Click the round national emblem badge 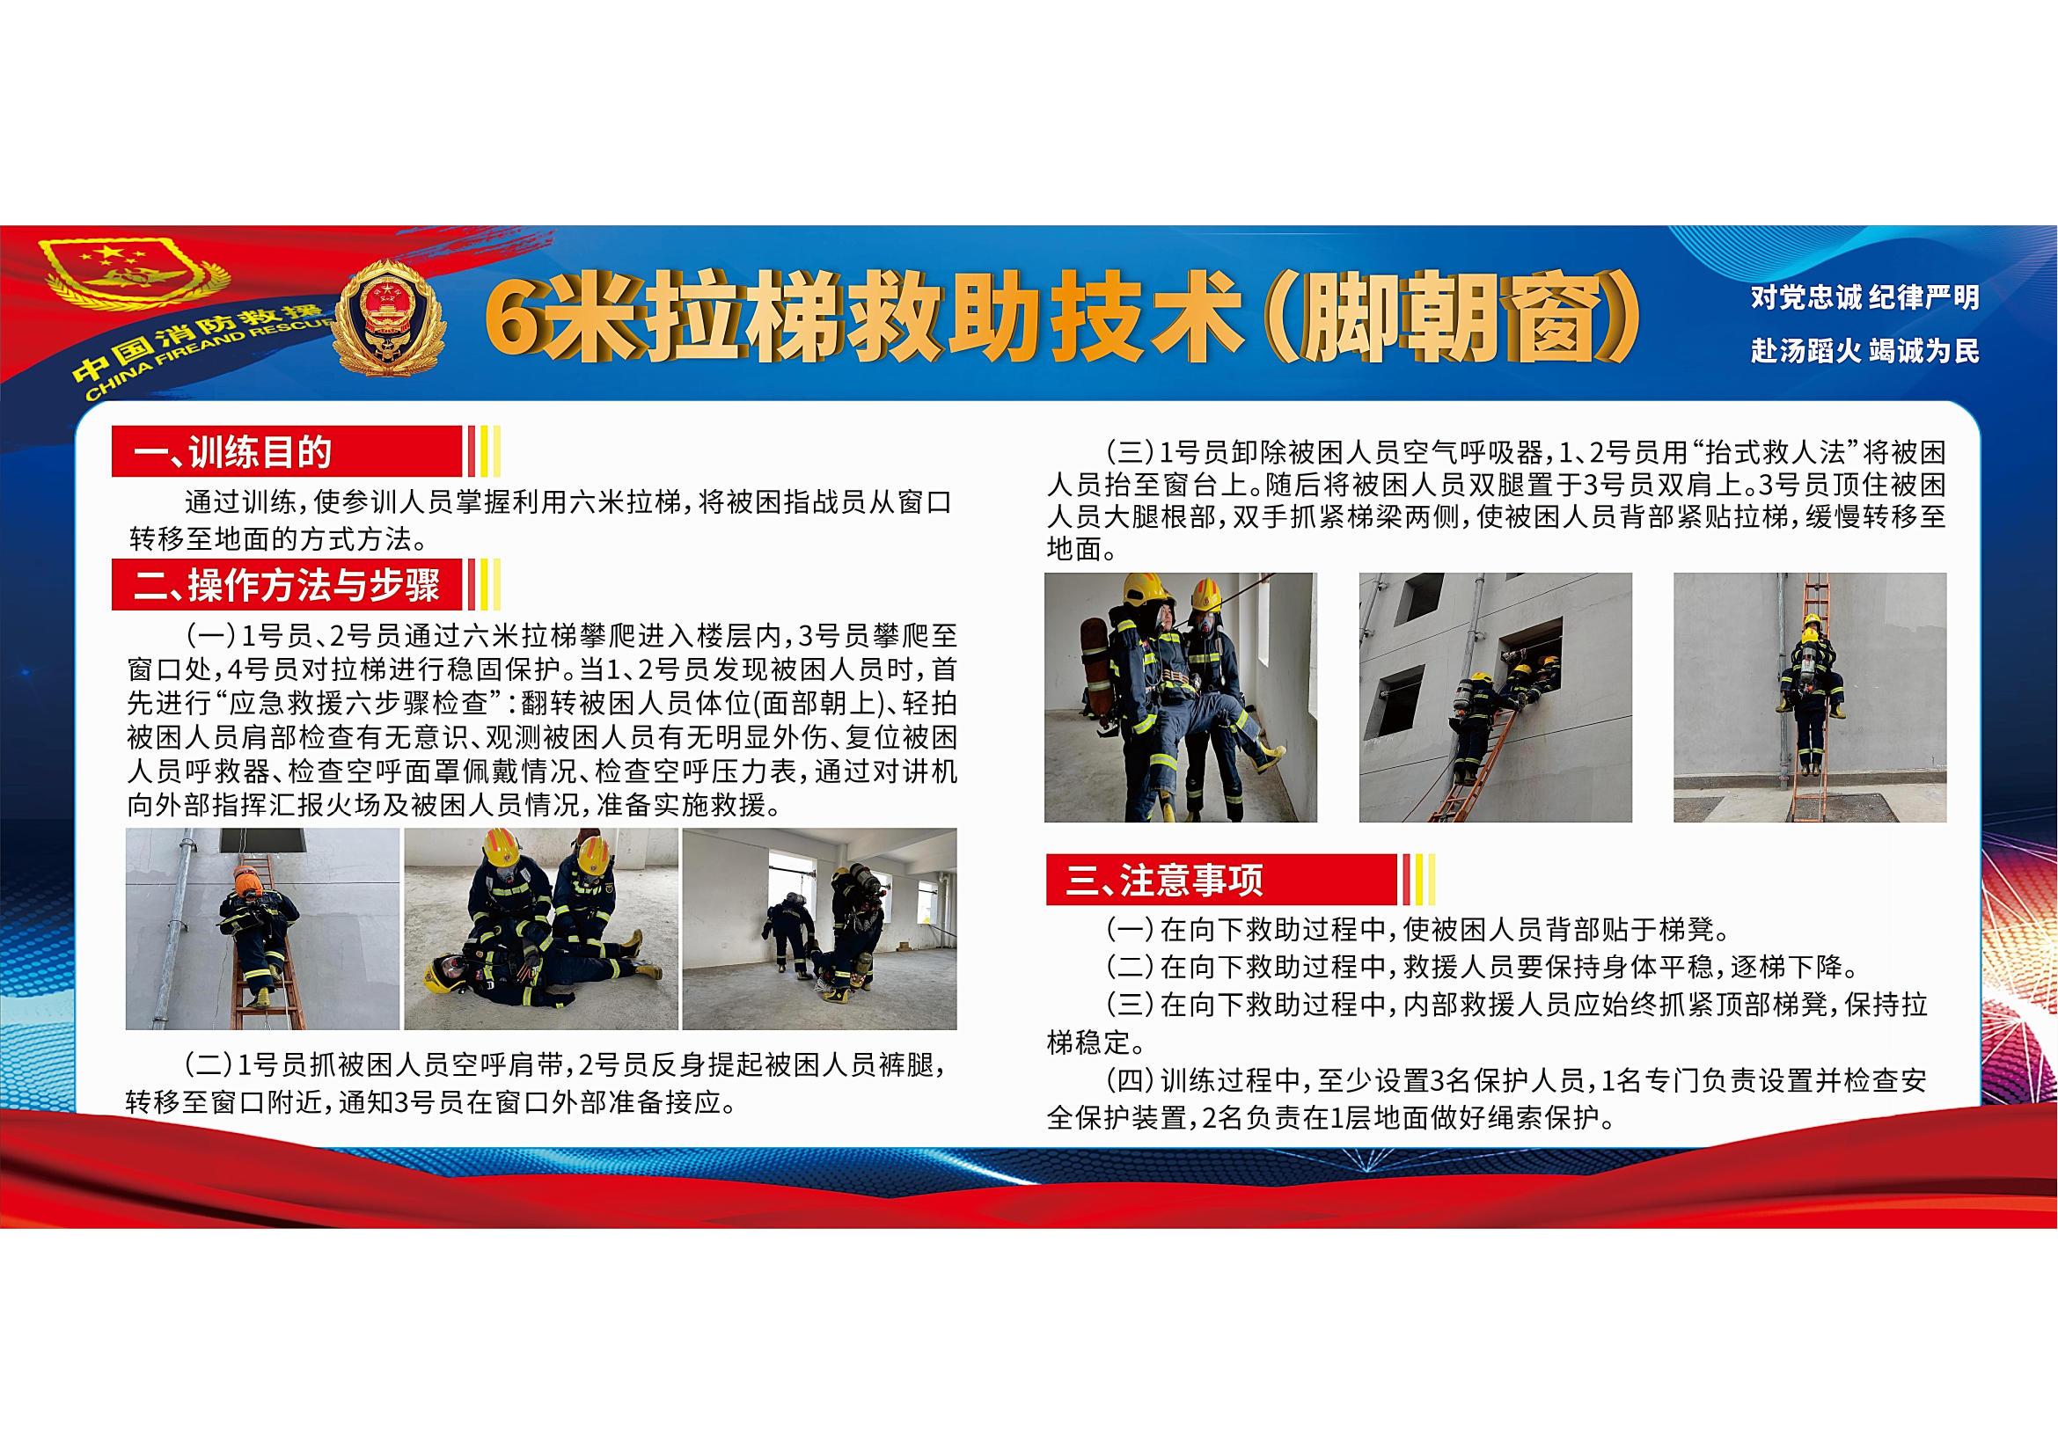coord(388,318)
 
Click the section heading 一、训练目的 coord(233,452)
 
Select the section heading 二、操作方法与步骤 coord(287,585)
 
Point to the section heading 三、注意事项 coord(1164,880)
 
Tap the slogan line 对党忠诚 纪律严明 coord(1865,297)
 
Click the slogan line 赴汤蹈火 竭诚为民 coord(1865,350)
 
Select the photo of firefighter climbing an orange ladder coord(261,929)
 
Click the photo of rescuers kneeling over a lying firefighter coord(540,929)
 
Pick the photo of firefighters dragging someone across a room coord(819,929)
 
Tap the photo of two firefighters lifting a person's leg coord(1181,697)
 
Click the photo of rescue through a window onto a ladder coord(1495,697)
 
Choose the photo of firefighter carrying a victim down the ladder coord(1810,697)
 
